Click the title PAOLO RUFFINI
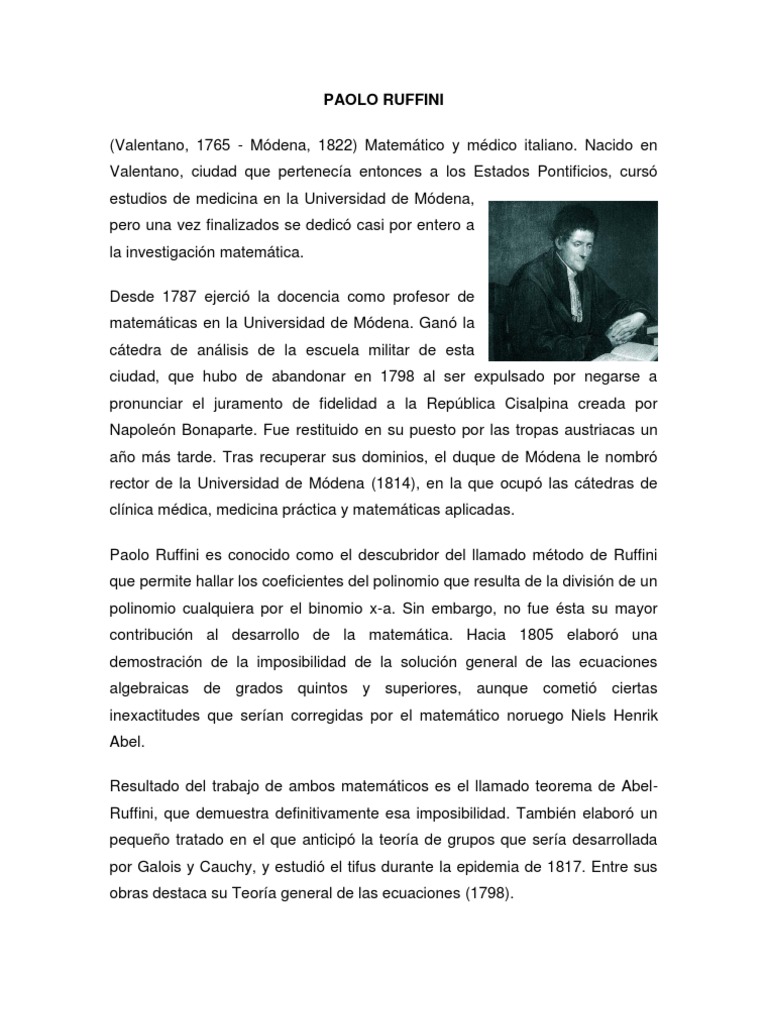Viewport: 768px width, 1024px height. [384, 100]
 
